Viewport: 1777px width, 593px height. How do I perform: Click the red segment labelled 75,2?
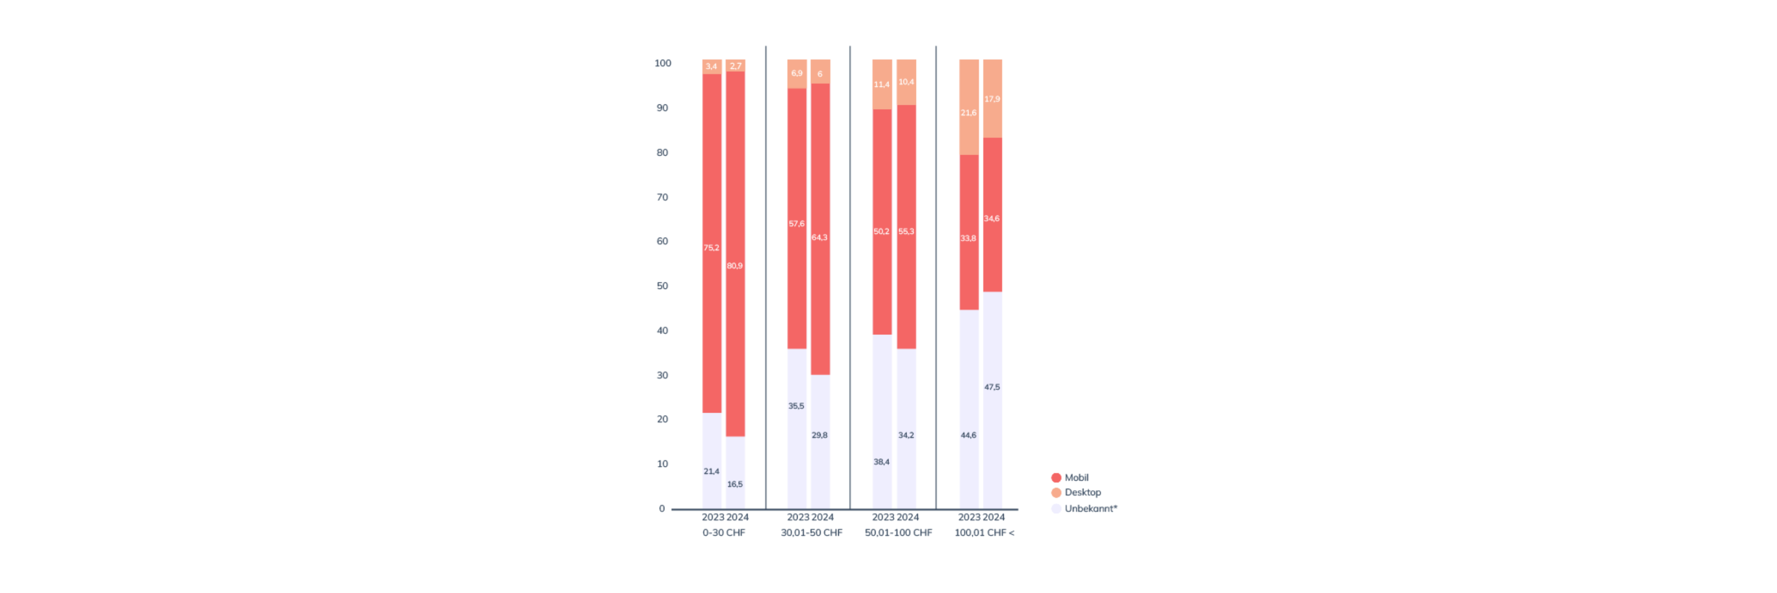(712, 207)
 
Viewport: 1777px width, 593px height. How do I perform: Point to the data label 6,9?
(797, 73)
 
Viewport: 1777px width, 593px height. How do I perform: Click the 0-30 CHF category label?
(724, 533)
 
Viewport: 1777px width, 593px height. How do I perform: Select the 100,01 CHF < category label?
(984, 533)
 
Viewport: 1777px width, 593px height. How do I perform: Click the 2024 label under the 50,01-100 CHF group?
(908, 518)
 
